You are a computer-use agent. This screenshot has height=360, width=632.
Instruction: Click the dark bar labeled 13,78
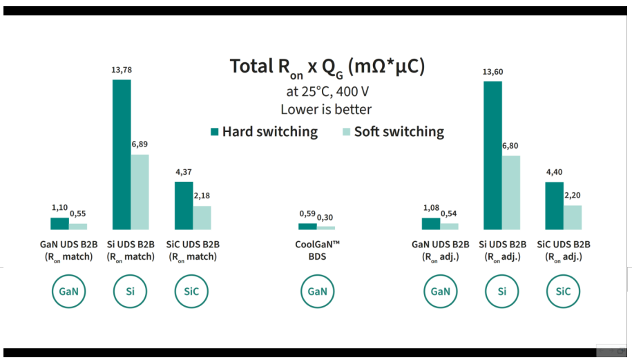point(122,154)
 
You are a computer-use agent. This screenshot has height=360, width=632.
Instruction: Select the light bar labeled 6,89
point(140,191)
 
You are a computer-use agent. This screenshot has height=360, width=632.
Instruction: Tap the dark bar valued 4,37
point(184,205)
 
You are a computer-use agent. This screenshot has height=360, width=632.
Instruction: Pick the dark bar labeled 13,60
point(492,155)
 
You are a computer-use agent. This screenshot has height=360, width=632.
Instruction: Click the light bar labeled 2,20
point(573,217)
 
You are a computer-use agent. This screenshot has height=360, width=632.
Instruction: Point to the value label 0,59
point(307,214)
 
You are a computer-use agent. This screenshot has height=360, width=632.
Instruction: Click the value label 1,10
point(60,207)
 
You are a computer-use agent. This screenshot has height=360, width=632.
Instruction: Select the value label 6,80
point(510,146)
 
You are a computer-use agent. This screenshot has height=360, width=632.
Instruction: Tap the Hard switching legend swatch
point(215,131)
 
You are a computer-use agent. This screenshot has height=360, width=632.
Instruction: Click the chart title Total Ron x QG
point(327,67)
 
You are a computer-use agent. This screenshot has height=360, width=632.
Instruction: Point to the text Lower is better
point(326,109)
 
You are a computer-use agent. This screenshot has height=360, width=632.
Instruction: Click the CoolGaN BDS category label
point(317,250)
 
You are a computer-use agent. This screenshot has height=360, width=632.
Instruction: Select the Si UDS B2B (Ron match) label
point(131,250)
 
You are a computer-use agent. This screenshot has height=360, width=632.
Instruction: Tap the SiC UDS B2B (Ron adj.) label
point(563,250)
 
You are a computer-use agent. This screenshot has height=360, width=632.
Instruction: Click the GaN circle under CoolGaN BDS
point(317,291)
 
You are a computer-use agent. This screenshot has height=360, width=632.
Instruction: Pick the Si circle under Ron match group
point(131,291)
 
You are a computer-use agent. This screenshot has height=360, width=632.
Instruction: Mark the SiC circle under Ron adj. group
point(563,291)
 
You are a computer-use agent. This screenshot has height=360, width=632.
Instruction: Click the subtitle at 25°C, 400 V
point(326,91)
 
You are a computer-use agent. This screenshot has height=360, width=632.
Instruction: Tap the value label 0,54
point(450,214)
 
